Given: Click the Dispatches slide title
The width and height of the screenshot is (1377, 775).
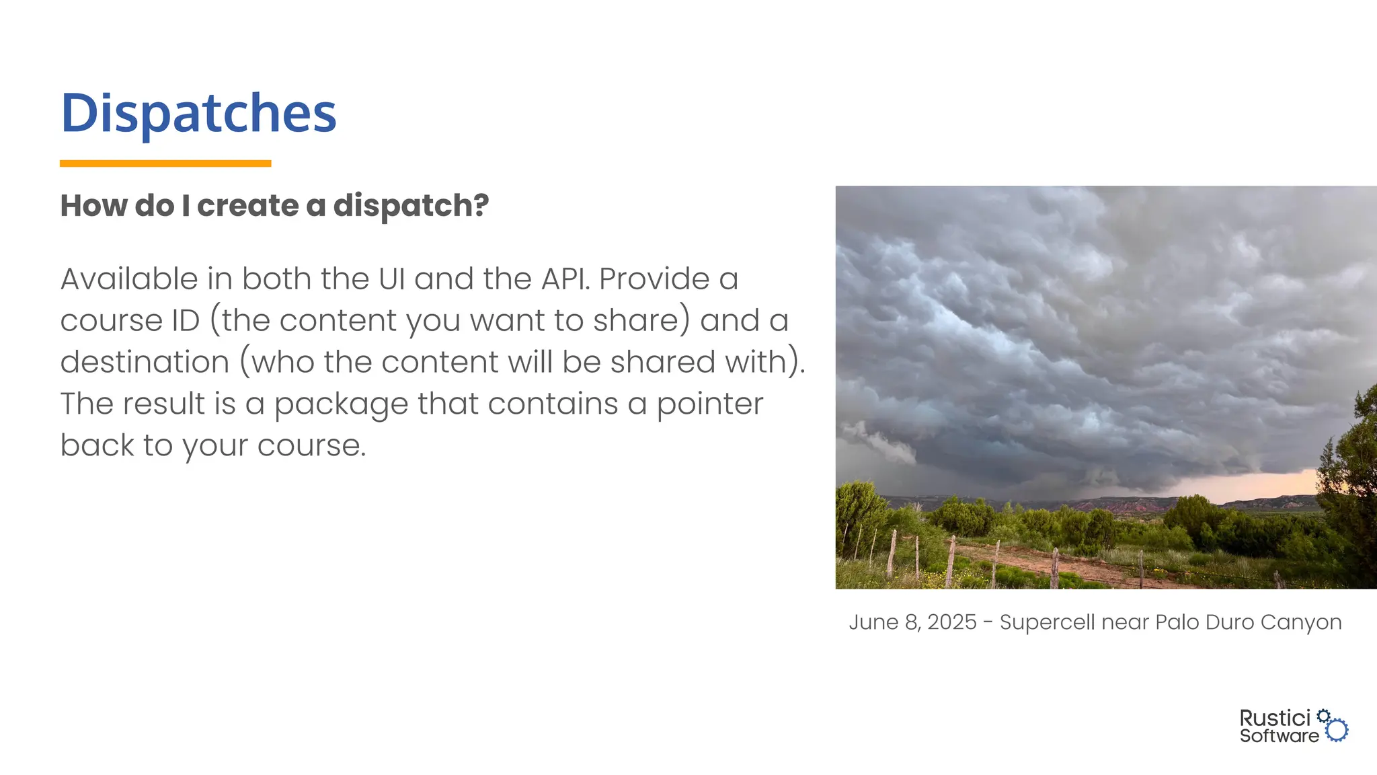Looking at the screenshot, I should pos(198,113).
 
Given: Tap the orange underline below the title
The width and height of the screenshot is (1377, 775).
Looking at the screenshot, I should pos(165,163).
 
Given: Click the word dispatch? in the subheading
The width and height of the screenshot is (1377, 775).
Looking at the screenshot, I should pos(411,205).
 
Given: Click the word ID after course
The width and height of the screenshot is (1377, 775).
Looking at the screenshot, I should pos(186,320).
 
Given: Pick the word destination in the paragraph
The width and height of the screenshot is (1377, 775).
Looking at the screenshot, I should pos(145,362).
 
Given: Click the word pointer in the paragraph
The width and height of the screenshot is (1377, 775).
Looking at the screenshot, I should pos(709,405).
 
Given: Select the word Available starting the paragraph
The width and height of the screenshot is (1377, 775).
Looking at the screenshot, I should pos(129,279).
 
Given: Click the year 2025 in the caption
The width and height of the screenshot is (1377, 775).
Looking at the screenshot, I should pos(951,622).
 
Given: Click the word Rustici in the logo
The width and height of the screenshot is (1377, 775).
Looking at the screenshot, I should pos(1275,718).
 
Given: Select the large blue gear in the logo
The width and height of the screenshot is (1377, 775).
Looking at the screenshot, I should pos(1337,730).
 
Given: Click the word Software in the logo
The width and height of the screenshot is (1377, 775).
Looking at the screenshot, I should pos(1279,736).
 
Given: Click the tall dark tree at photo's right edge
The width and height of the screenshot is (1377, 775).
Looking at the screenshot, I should pos(1351,491).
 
